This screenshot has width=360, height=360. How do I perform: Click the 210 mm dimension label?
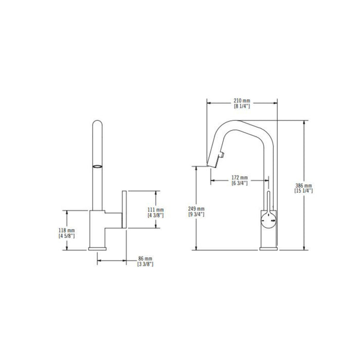[x=242, y=101]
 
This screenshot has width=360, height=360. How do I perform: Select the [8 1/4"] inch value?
[x=242, y=106]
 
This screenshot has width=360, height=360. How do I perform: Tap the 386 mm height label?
[x=303, y=185]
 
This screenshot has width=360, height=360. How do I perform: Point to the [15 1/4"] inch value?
[x=303, y=191]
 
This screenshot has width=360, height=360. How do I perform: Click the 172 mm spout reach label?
[x=240, y=177]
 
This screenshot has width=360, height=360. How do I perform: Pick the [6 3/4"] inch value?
[x=240, y=183]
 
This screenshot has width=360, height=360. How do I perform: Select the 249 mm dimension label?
[x=196, y=209]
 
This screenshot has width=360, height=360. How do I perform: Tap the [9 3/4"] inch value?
[x=196, y=214]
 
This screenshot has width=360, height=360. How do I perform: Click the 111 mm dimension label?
[x=156, y=210]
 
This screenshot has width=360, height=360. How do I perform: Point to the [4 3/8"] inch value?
[x=156, y=215]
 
